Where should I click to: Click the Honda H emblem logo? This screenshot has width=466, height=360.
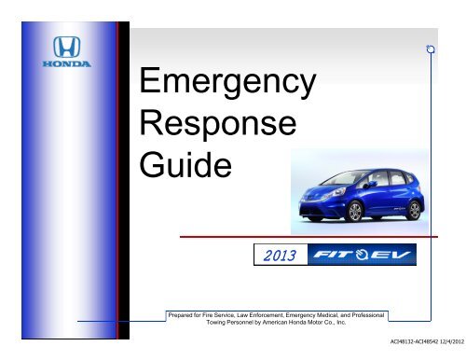(x=66, y=47)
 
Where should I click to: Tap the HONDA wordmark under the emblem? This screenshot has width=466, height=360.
(x=66, y=64)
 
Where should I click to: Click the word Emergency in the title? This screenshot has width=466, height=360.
(x=227, y=81)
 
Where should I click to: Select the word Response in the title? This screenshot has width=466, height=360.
(x=218, y=124)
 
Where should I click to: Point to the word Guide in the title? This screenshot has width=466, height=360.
(x=185, y=164)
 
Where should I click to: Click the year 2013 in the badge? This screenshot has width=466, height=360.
(x=280, y=256)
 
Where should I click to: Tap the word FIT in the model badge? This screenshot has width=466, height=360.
(x=333, y=255)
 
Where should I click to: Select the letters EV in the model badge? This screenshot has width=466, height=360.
(x=391, y=255)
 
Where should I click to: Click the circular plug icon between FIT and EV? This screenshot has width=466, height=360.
(x=362, y=255)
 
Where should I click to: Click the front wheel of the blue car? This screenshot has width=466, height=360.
(x=355, y=212)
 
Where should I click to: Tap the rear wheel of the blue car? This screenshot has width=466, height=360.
(x=414, y=210)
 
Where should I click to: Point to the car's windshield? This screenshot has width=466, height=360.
(x=341, y=177)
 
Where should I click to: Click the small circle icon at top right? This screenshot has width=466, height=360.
(x=431, y=49)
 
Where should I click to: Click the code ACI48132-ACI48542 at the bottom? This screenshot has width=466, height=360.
(x=414, y=341)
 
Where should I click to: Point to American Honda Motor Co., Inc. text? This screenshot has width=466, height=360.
(x=304, y=323)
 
